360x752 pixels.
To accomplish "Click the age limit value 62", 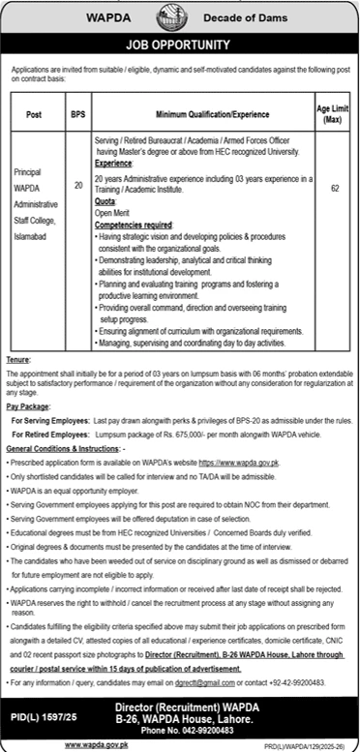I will pyautogui.click(x=334, y=188).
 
